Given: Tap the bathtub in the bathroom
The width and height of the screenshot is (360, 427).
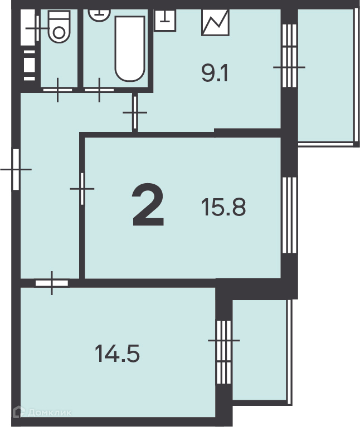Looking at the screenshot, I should pos(130,48).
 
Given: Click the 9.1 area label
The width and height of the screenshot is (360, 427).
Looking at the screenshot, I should pos(215,73).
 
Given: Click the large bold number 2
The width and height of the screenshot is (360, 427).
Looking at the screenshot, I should pos(148,207).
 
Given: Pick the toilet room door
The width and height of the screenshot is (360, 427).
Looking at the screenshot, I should pos(57,89).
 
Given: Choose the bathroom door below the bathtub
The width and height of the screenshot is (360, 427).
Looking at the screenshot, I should pos(100,89).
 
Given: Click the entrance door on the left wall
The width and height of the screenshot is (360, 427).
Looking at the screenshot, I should pos(16,168).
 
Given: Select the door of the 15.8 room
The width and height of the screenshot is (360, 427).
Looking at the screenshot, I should pos(82,189).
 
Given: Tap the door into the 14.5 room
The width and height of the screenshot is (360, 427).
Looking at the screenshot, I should pos(52,283).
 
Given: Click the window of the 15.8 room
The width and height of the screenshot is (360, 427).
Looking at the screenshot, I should pos(289,214).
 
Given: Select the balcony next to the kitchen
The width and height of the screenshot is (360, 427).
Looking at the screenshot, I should pos(326,75).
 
